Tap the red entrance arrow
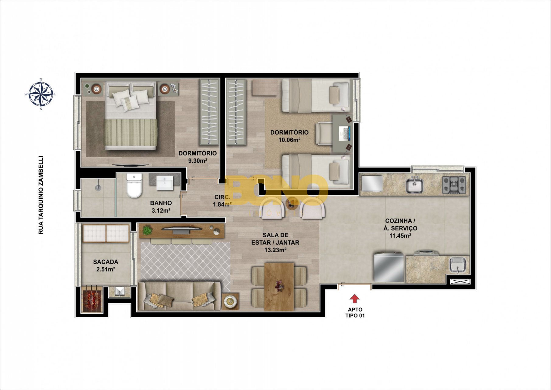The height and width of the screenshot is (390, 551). click(x=354, y=299)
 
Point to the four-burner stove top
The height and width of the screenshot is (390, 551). click(x=454, y=185)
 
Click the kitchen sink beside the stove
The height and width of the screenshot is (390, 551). click(x=414, y=185)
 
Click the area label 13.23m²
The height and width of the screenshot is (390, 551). click(x=275, y=250)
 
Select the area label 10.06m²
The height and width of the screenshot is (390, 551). click(x=289, y=140)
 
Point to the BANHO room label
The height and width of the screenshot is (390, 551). click(x=161, y=203)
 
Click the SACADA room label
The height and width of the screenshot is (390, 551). click(x=106, y=262)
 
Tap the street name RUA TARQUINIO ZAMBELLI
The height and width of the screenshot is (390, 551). click(x=41, y=195)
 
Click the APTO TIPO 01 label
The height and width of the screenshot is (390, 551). click(x=355, y=313)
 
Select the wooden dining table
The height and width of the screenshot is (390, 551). click(x=279, y=287)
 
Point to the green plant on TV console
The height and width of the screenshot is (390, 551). click(x=147, y=230)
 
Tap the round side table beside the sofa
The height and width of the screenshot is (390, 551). click(x=230, y=301)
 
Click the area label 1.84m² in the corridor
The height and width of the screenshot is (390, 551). click(x=222, y=204)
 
